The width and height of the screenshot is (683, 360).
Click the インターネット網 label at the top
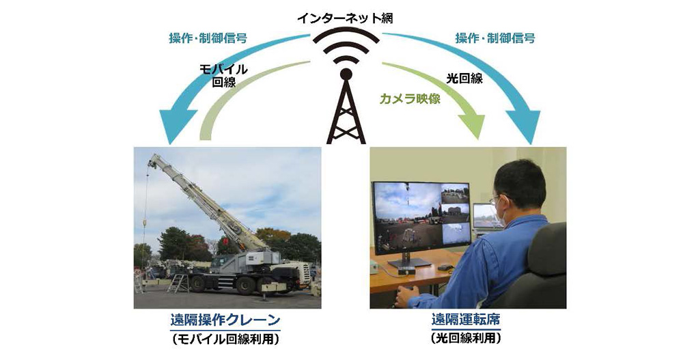point(346,18)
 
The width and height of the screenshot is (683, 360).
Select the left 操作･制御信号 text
point(208,38)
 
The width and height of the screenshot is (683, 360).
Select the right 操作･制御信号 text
point(494,38)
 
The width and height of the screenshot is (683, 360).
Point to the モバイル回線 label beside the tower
point(223,76)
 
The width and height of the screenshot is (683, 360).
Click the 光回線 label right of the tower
point(464,78)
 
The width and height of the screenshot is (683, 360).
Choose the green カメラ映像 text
point(410,98)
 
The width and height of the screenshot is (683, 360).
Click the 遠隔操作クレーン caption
point(225,321)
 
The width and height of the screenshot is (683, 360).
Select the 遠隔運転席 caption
point(466,320)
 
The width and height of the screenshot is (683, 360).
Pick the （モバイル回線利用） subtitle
point(225,339)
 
